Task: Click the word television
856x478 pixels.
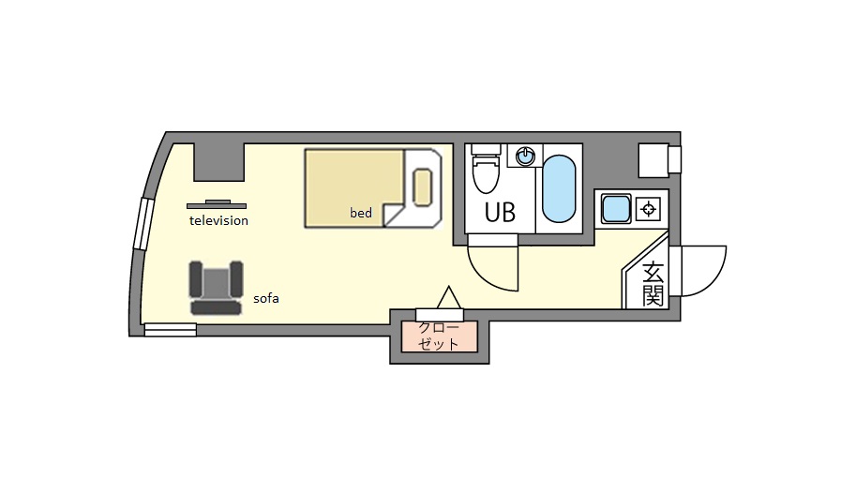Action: coord(218,220)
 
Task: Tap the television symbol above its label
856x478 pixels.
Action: coord(217,204)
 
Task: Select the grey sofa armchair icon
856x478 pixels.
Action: coord(217,288)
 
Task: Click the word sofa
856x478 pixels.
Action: coord(266,298)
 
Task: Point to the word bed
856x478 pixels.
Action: coord(361,213)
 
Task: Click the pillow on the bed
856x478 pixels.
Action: coord(423,187)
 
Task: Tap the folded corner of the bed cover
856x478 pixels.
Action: coord(393,215)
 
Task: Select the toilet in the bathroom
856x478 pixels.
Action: coord(486,168)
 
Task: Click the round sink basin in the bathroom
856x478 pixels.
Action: coord(525,157)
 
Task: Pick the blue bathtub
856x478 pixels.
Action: coord(559,188)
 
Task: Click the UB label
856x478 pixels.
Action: coord(500,213)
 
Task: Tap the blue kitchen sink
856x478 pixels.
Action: coord(616,209)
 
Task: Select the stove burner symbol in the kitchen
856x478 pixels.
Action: coord(649,209)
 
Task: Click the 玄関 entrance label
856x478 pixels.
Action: coord(653,284)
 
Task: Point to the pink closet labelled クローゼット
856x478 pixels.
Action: coord(440,336)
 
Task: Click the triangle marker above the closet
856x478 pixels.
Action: coord(449,297)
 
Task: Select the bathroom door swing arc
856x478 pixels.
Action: coord(491,273)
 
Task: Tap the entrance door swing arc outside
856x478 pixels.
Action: coord(711,279)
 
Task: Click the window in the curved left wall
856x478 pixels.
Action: coord(144,224)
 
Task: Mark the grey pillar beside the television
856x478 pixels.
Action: coord(218,162)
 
